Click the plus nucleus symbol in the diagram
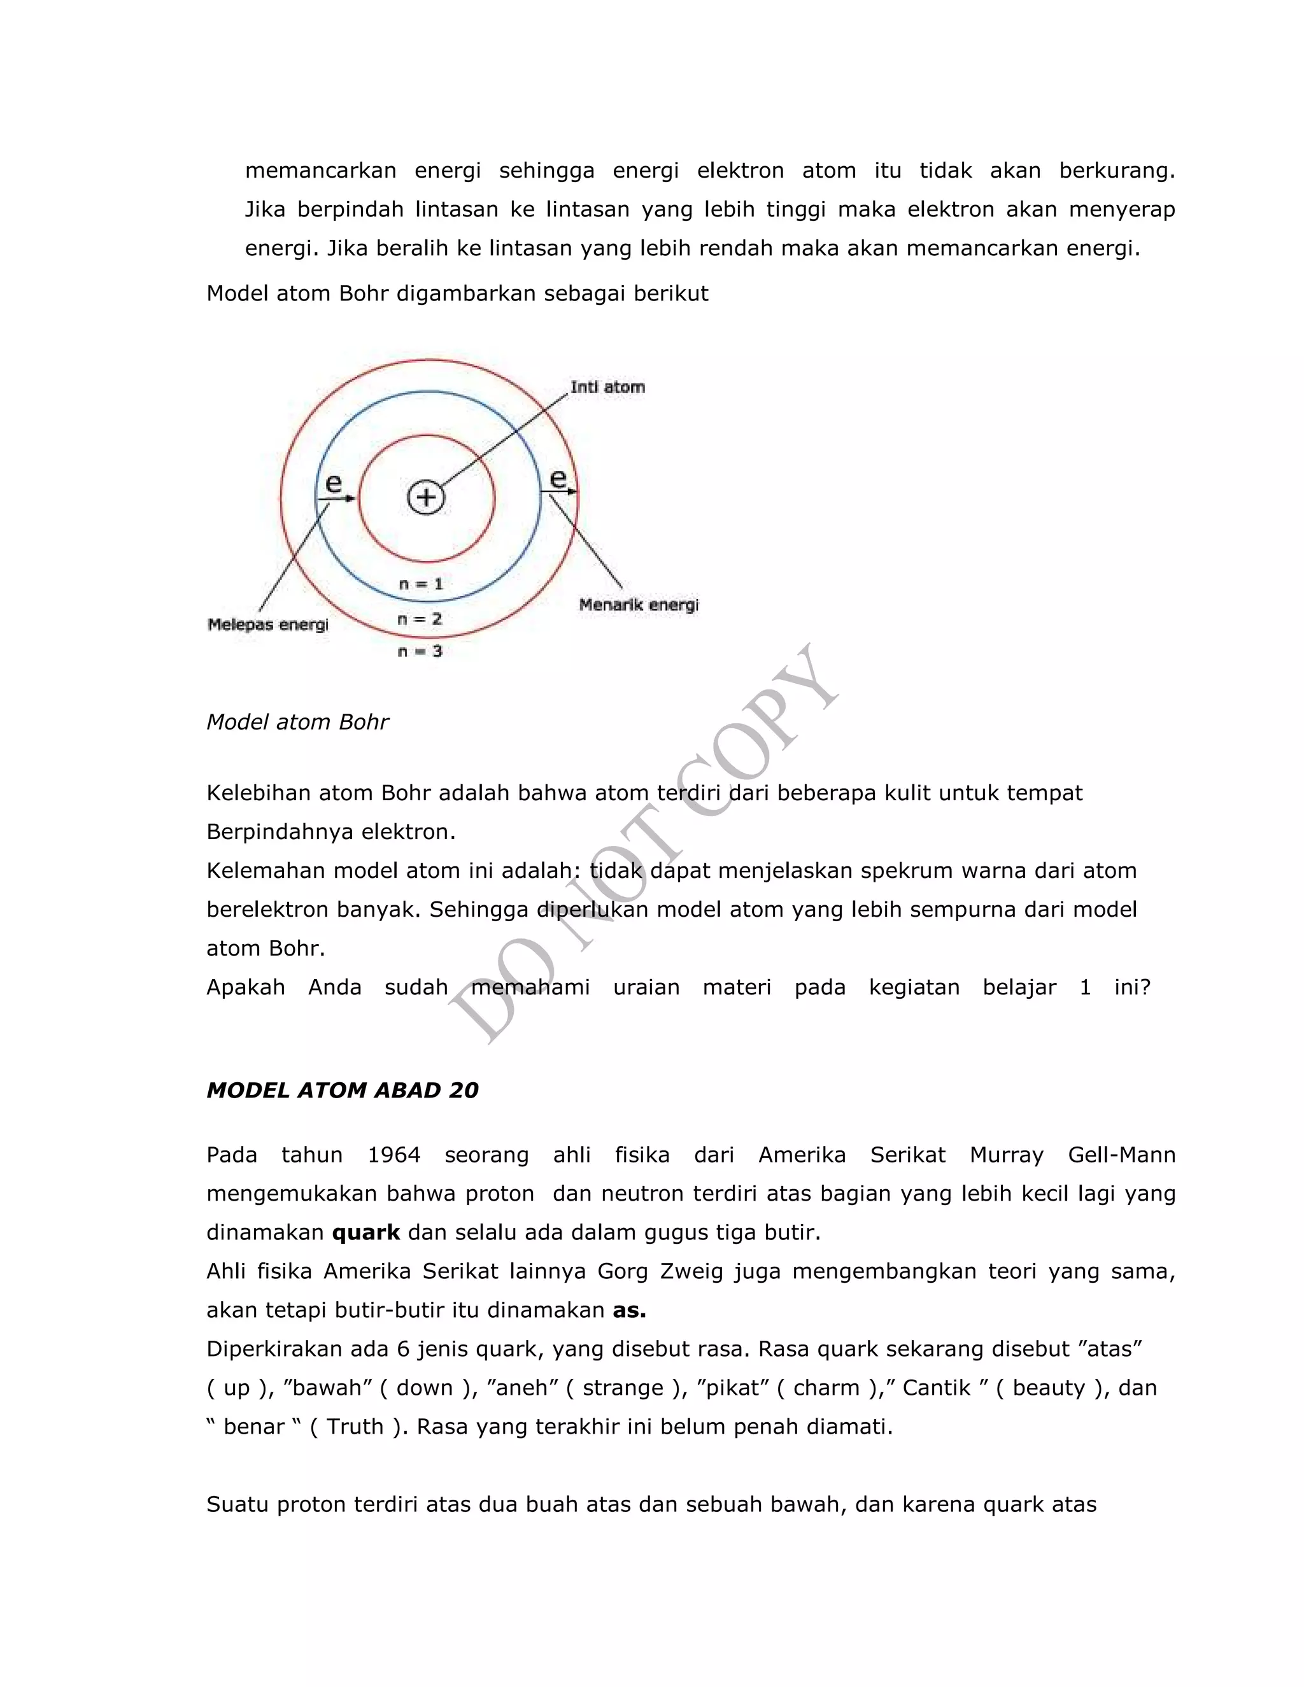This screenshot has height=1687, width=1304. click(426, 497)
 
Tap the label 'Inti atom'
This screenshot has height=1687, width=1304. click(607, 387)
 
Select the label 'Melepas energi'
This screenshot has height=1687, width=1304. click(267, 624)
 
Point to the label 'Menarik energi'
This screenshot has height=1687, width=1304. click(638, 605)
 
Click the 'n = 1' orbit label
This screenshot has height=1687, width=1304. click(420, 584)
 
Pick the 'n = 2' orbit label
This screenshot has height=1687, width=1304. click(420, 619)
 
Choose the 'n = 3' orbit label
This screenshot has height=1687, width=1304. click(420, 651)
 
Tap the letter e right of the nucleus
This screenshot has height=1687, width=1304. click(558, 478)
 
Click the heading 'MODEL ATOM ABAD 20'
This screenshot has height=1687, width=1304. click(342, 1090)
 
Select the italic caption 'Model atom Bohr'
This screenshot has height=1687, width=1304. click(297, 721)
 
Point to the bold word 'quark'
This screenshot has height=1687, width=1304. click(365, 1232)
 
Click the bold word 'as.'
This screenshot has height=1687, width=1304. click(629, 1310)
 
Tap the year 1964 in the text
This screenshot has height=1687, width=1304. click(393, 1155)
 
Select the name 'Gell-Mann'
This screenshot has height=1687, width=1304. click(1121, 1155)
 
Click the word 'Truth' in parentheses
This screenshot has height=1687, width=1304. click(355, 1426)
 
